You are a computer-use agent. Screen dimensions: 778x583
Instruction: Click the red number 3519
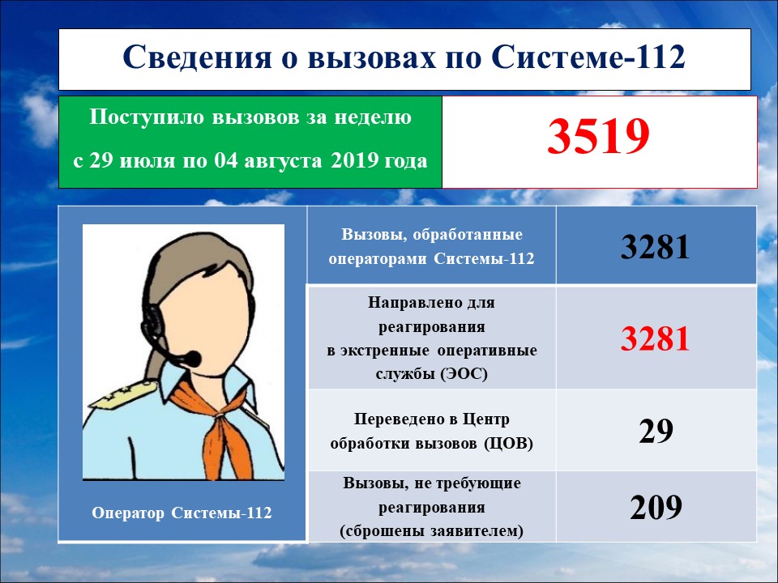coord(598,136)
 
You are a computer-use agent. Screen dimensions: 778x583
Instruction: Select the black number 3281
coord(656,246)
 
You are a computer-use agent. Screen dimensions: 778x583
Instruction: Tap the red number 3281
coord(656,339)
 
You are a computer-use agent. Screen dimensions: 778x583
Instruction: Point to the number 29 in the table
coord(656,431)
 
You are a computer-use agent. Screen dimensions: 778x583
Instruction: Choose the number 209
coord(656,507)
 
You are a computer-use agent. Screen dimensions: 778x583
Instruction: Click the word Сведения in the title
coord(197,57)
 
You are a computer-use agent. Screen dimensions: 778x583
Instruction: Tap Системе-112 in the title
coord(588,57)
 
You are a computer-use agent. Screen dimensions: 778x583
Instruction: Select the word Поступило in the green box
coord(147,117)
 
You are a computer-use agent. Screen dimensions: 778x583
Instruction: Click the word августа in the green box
coord(283,162)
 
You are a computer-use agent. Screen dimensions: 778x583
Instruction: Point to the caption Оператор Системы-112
coord(182,513)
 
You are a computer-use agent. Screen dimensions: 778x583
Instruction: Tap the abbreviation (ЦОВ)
coord(509,443)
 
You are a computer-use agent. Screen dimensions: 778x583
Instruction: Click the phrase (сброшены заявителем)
coord(432,531)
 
